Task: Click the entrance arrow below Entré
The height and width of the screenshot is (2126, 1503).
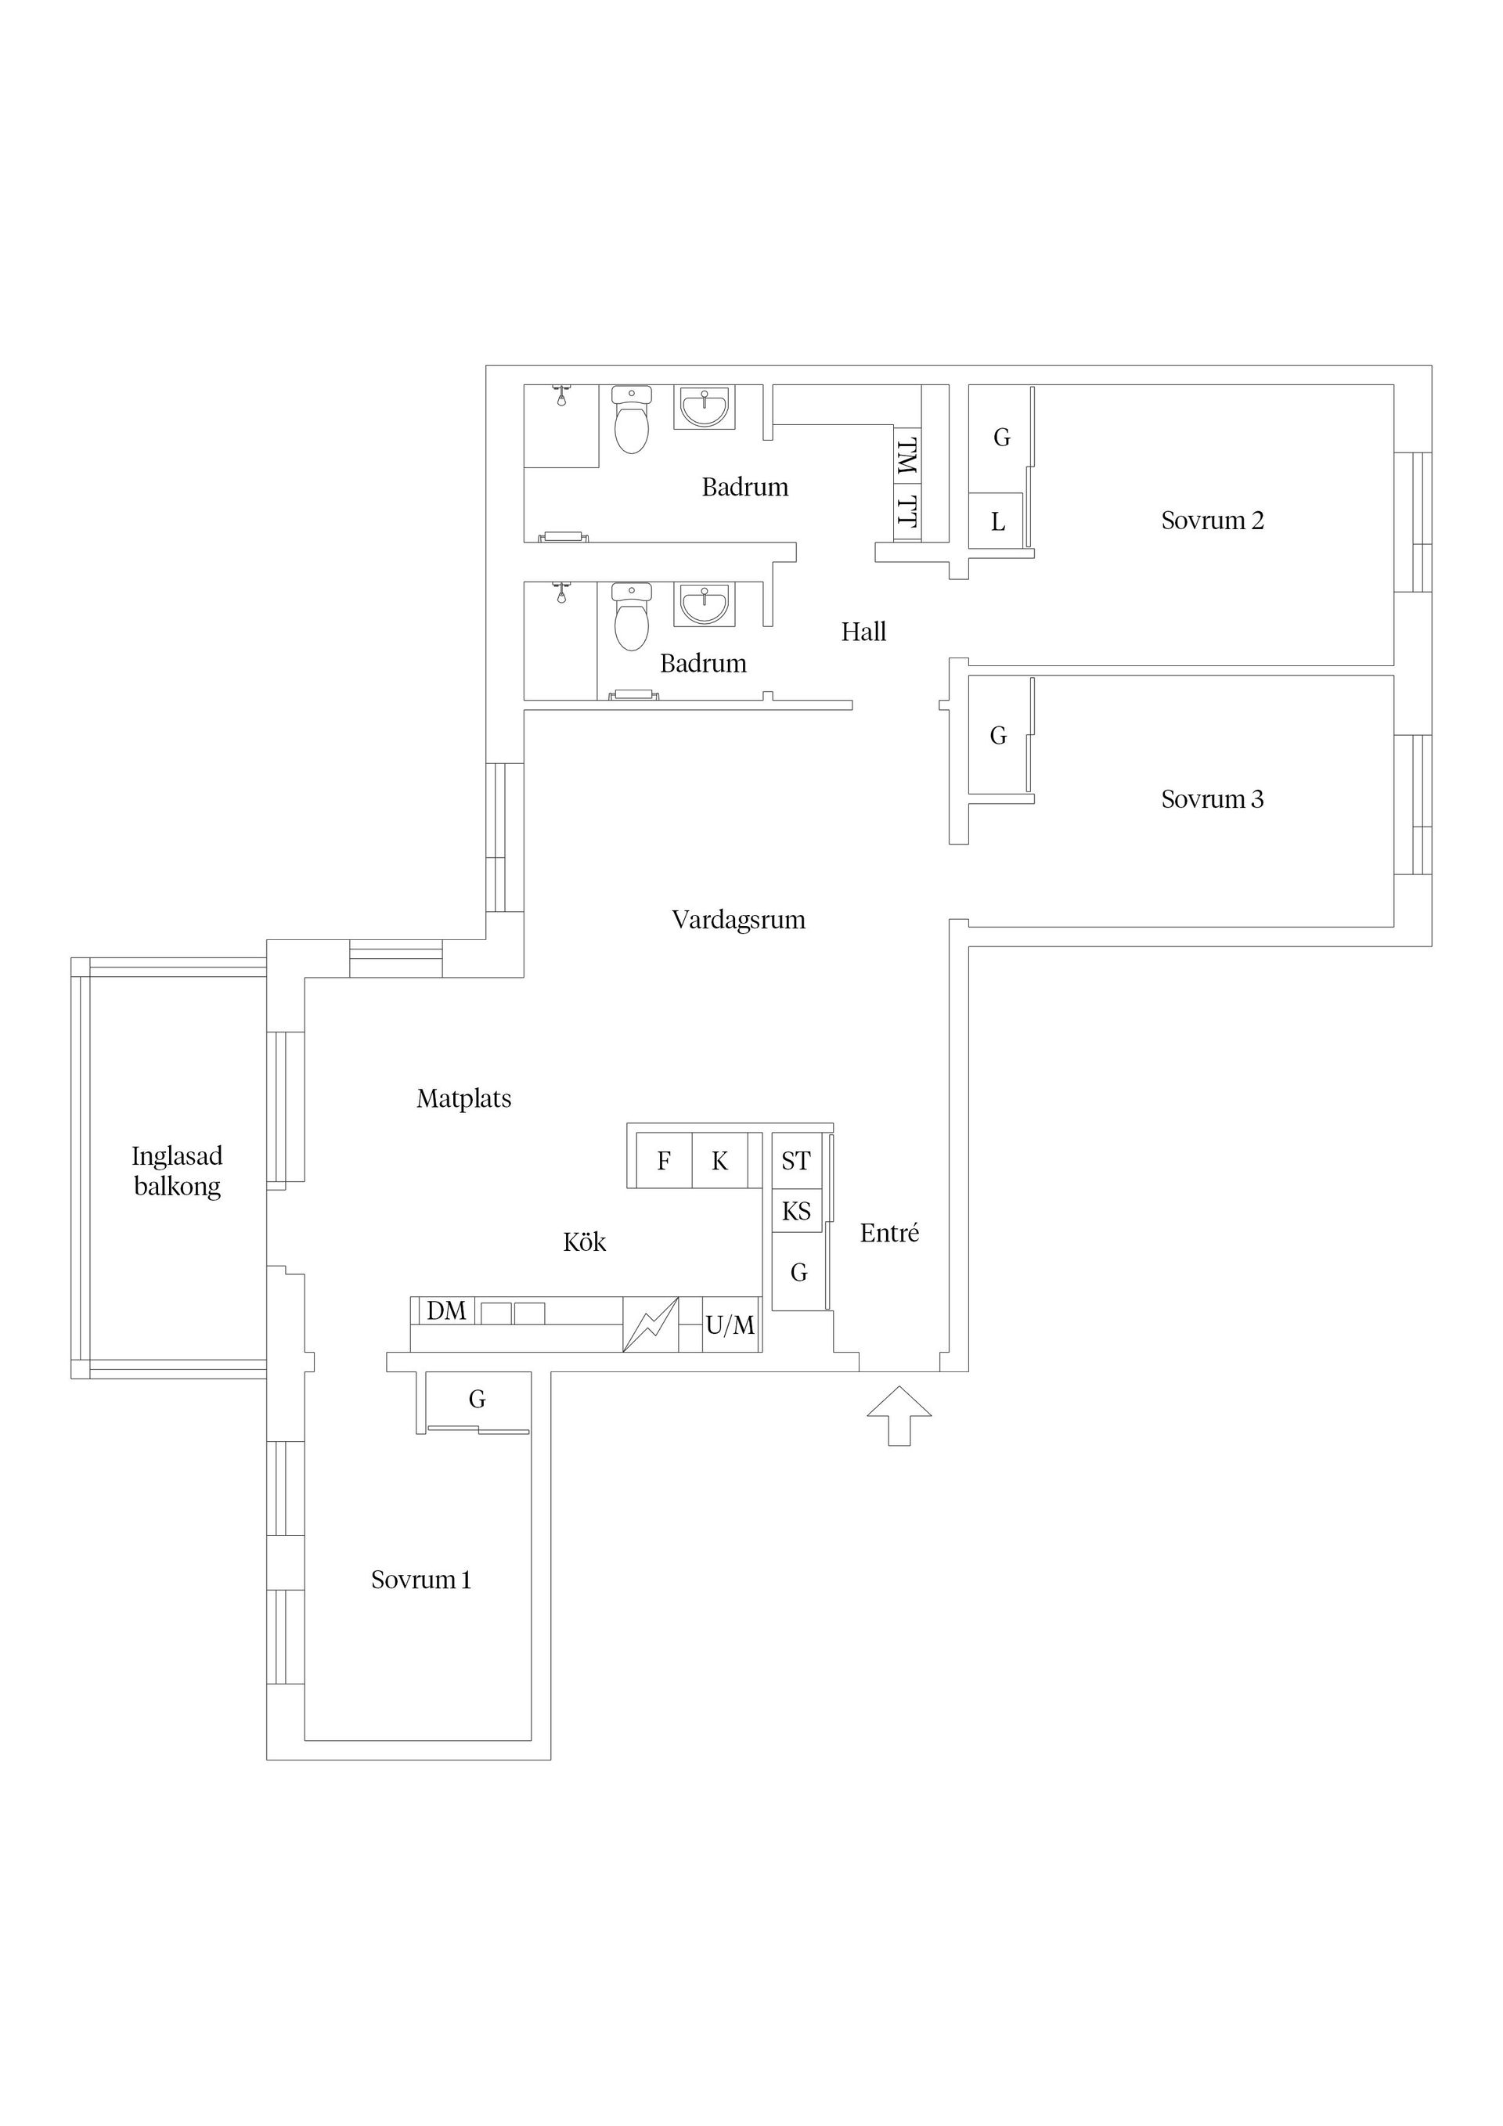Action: [899, 1416]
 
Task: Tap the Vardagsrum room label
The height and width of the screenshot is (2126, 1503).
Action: [738, 921]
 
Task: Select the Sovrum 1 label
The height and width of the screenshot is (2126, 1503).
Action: [421, 1580]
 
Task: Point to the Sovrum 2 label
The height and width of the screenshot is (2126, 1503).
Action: [1213, 521]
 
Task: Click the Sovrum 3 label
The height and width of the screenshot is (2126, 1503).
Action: [1213, 799]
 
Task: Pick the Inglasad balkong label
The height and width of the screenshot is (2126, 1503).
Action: [177, 1171]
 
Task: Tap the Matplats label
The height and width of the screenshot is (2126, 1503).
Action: [464, 1099]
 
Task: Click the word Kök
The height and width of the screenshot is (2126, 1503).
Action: [584, 1241]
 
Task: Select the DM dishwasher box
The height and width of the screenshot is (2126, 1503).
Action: [445, 1311]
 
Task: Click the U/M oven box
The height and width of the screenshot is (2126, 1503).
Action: [730, 1325]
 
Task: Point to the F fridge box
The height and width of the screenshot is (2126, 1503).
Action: [663, 1161]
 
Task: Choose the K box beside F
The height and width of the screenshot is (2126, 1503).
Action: [719, 1161]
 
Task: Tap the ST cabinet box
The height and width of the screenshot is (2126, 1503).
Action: [796, 1161]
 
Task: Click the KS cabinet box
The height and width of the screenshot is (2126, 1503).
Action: [796, 1211]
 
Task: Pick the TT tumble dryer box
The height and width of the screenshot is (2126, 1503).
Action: [907, 513]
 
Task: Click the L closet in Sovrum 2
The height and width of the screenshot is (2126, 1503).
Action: [997, 521]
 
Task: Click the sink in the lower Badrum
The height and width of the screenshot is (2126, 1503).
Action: [705, 604]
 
